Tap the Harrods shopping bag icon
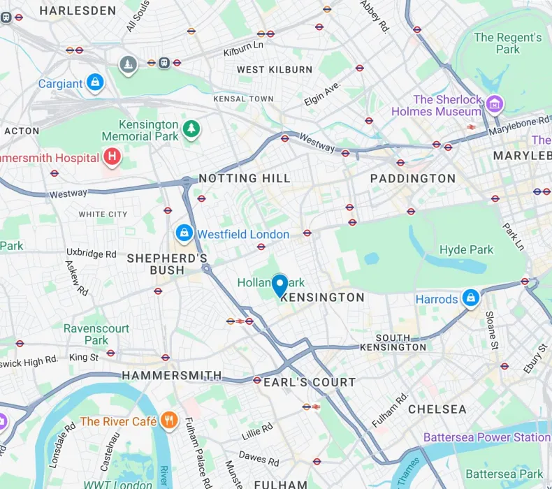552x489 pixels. tap(471, 298)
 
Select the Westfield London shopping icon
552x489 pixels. tap(184, 233)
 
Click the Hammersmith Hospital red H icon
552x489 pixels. tap(111, 157)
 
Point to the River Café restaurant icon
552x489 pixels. tap(168, 421)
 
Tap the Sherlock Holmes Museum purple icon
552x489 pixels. tap(495, 104)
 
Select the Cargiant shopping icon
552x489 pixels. tap(96, 83)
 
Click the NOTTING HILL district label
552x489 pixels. tap(245, 179)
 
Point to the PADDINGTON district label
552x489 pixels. tap(412, 179)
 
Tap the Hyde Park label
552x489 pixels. tap(466, 249)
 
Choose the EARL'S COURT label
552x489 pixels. tap(310, 382)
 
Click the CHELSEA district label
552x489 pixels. tap(437, 409)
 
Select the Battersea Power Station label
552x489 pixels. tap(486, 437)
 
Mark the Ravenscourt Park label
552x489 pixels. tap(96, 334)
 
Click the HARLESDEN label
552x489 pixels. tap(78, 10)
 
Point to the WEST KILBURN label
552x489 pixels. tap(275, 70)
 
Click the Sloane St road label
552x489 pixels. tap(491, 330)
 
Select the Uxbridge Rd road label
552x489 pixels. tap(92, 254)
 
